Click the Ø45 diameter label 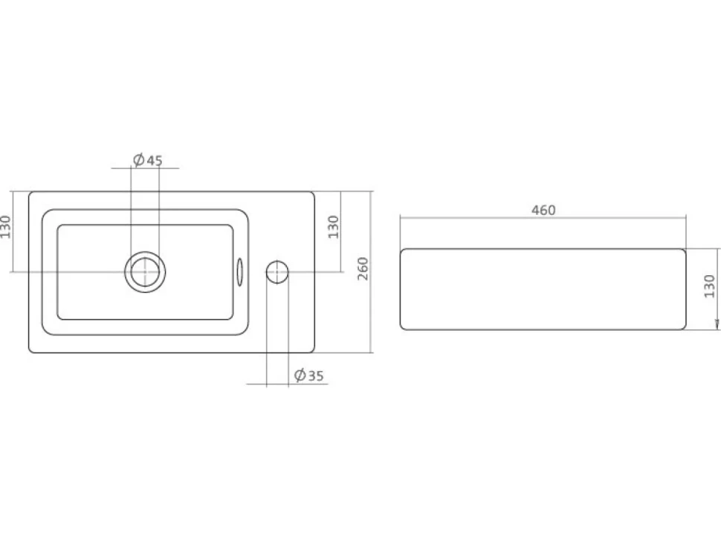point(148,160)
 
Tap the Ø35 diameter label point(308,376)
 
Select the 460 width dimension point(543,210)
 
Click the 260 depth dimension point(363,269)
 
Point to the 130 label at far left point(5,227)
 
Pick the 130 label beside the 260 point(334,227)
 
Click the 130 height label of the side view point(710,286)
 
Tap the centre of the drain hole point(145,271)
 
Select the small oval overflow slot point(239,271)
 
